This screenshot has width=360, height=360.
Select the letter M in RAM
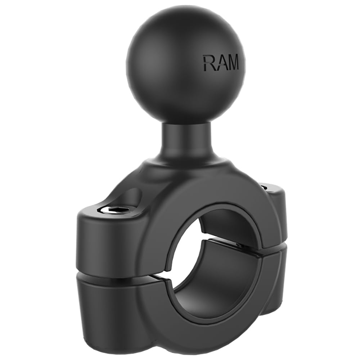[x=233, y=63]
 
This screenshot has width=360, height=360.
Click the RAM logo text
[x=220, y=63]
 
